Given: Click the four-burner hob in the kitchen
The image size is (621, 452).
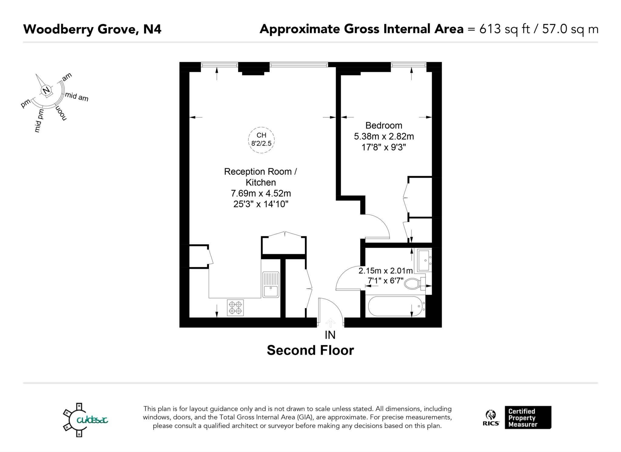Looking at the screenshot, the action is [235, 307].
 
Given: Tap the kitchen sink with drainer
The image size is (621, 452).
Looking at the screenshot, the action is [271, 284].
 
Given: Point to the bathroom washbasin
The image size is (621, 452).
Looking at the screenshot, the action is [425, 261].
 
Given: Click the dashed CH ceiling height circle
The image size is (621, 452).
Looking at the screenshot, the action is [261, 140].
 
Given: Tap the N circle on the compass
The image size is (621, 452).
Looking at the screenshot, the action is [46, 91].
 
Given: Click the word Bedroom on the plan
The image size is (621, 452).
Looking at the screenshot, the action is [384, 125].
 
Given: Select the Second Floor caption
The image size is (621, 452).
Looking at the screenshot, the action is [310, 350].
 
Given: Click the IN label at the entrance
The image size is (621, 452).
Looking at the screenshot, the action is [330, 335].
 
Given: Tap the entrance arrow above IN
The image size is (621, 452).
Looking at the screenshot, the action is [330, 323].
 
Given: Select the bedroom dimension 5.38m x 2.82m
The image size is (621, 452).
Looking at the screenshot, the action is [384, 136].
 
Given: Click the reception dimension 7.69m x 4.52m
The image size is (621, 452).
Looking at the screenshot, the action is [261, 193].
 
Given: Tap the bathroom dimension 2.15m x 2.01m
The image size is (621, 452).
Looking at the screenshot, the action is [385, 271].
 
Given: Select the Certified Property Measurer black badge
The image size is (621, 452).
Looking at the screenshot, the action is [528, 417].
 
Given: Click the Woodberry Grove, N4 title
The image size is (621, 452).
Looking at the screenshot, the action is [92, 29].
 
